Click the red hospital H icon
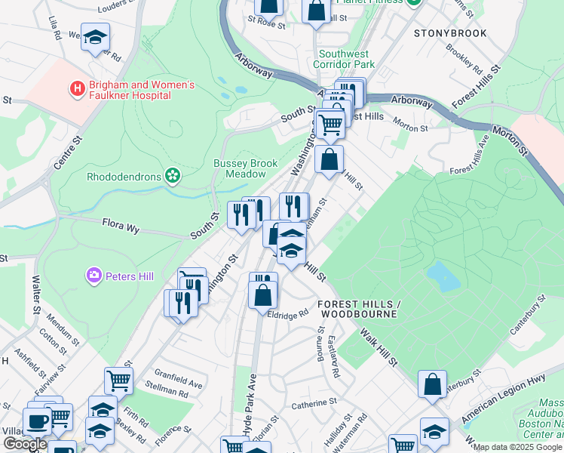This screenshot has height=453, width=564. click(76, 89)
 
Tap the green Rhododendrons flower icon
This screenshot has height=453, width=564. click(173, 177)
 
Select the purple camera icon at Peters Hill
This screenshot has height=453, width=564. click(95, 276)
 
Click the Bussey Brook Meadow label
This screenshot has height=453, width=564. click(245, 168)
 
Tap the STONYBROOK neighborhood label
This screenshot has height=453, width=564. click(449, 33)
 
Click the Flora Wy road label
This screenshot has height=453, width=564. click(121, 223)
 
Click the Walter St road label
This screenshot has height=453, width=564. click(35, 294)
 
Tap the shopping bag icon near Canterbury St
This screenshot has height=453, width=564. click(433, 384)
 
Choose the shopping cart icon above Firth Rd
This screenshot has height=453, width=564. click(118, 381)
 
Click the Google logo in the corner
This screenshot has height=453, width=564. click(25, 444)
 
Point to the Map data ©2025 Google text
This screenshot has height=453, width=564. click(518, 447)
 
